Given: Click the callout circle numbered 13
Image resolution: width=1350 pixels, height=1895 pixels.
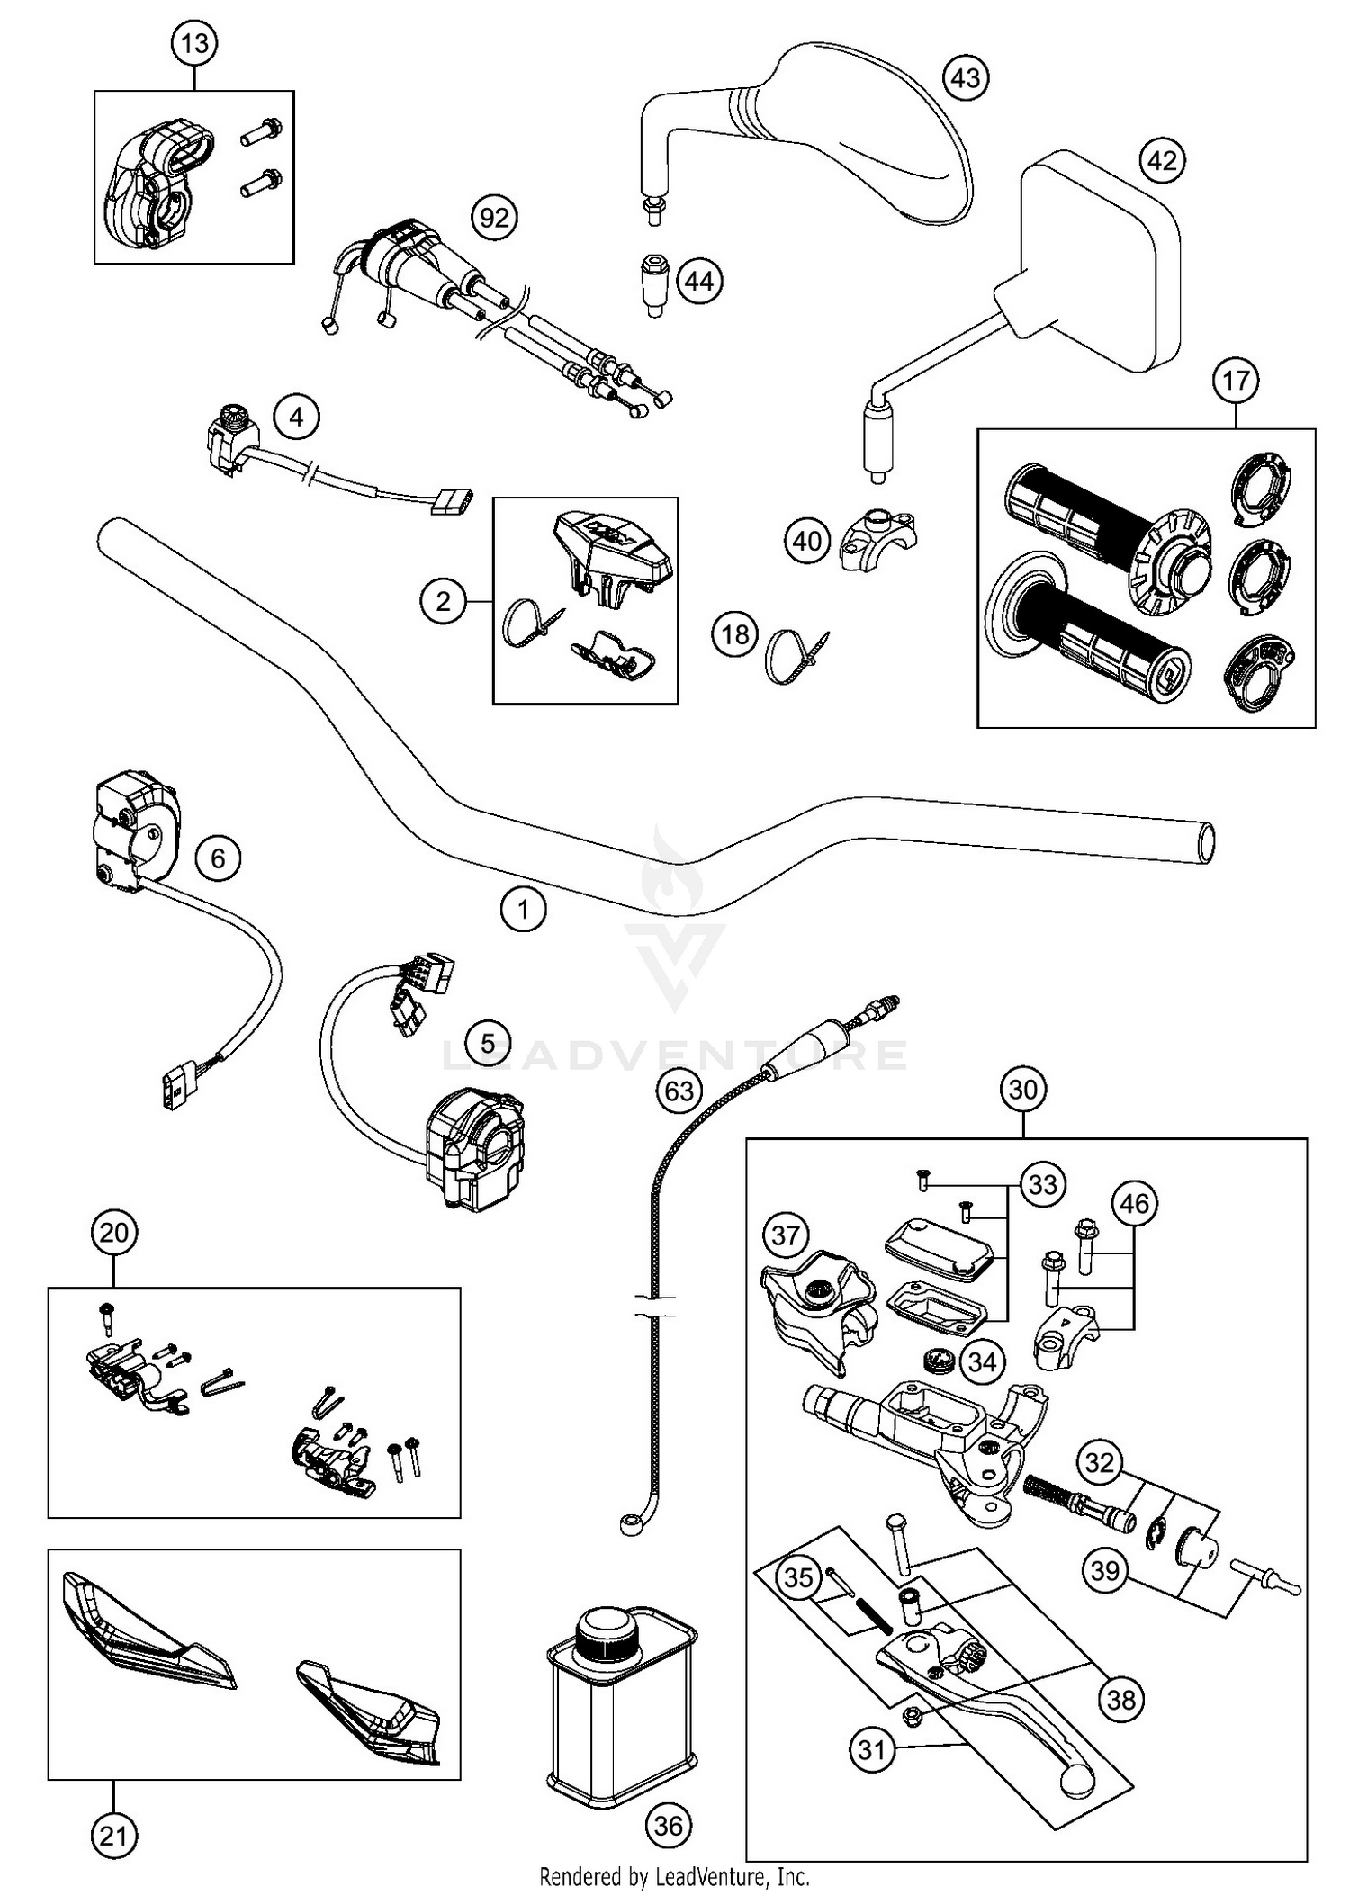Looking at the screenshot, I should point(194,43).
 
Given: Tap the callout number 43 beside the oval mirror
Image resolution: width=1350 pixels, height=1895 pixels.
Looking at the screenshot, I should point(965,78).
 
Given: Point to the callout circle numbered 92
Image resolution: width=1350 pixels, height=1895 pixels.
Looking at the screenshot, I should point(495,217).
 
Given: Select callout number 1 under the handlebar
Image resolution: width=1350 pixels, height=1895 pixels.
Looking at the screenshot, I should point(523,910).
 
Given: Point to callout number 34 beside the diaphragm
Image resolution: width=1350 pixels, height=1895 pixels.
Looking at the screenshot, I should point(982,1362).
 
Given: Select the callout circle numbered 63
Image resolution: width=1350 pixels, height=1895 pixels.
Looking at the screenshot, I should point(679,1091).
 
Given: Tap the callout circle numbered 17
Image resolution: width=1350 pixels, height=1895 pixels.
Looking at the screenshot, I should point(1235,381).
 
